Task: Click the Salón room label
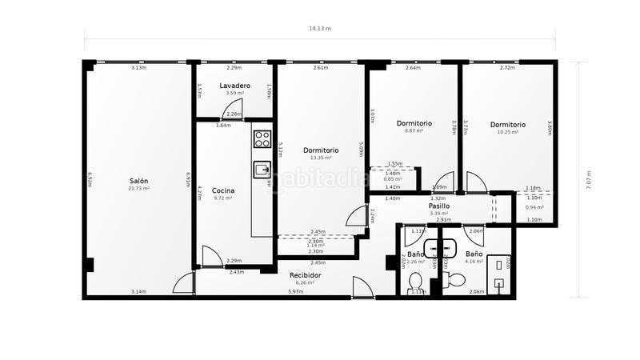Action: point(138,181)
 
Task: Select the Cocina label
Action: point(223,190)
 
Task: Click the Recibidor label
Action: point(305,274)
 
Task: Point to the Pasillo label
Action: point(438,206)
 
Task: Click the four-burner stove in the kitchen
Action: point(262,139)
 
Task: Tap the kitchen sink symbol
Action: point(262,169)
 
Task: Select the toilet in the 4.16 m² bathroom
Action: point(453,280)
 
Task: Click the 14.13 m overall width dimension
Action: point(320,28)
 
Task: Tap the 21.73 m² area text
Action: point(139,189)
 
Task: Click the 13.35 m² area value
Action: point(320,158)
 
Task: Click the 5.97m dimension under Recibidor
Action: point(296,292)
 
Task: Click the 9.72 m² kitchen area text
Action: point(223,198)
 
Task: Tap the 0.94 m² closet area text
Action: point(534,207)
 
